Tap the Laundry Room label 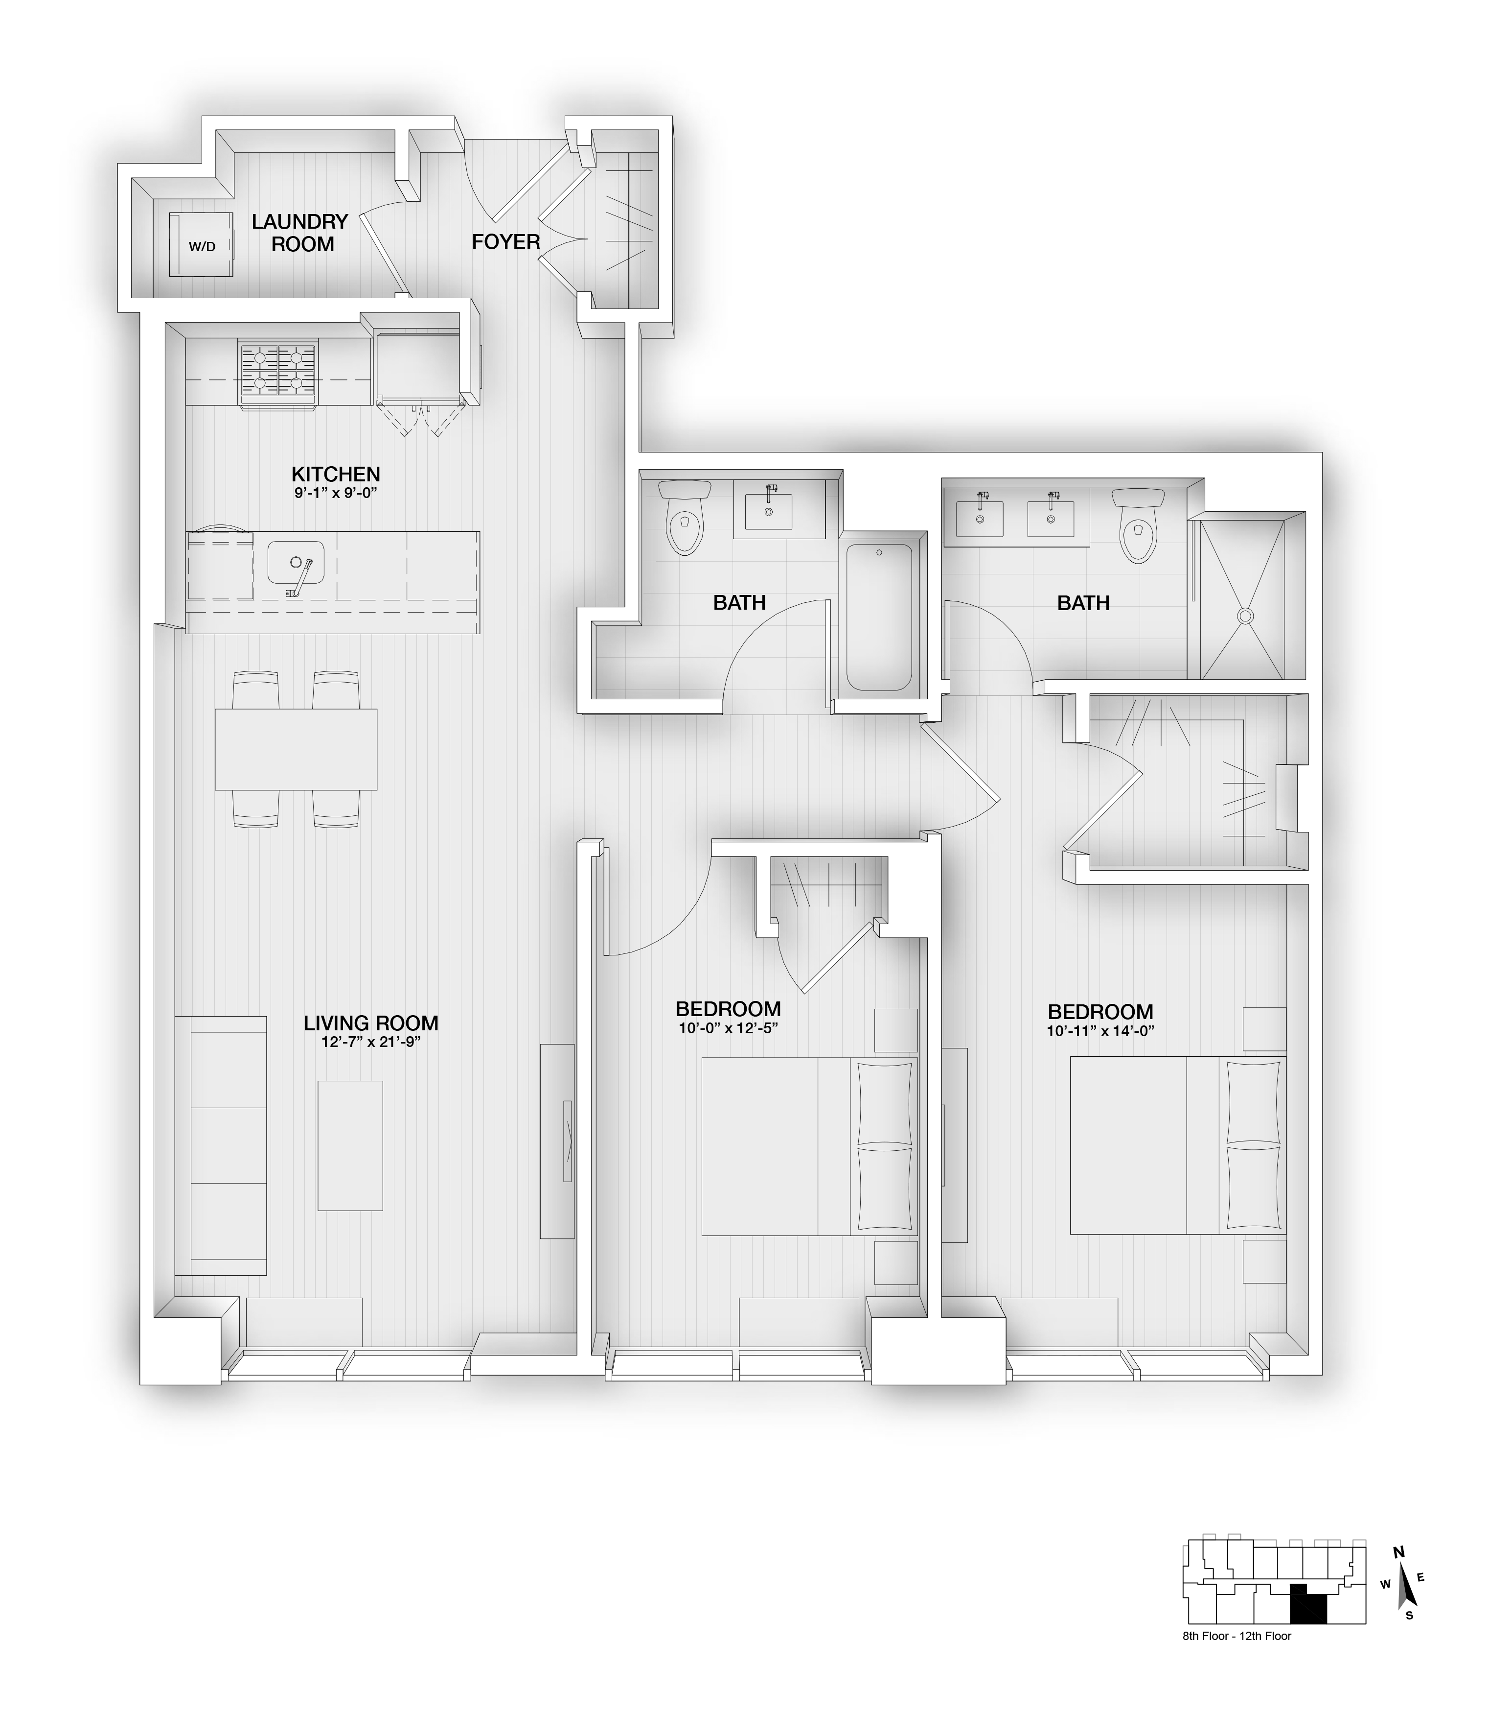point(300,233)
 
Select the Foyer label point(506,242)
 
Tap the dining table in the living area point(296,749)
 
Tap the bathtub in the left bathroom point(879,617)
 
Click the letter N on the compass point(1398,1552)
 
